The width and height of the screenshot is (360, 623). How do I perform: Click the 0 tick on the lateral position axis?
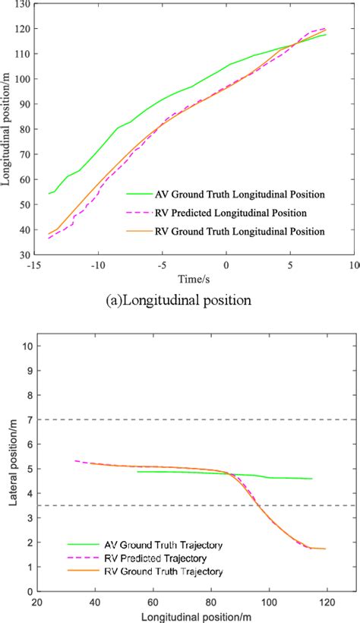point(28,590)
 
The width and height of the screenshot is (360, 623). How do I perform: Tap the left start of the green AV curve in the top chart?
point(49,194)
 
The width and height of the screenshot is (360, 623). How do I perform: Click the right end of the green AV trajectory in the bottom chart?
point(311,479)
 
